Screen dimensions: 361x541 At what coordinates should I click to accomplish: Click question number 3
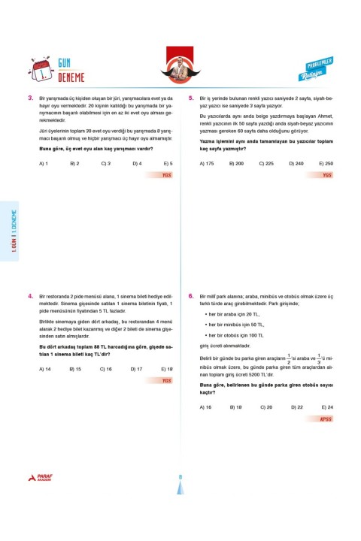[x=29, y=98]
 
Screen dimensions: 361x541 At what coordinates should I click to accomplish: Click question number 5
[x=192, y=98]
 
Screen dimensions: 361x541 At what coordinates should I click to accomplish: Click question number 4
[x=29, y=297]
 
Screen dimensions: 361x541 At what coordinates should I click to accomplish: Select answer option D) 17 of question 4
[x=137, y=369]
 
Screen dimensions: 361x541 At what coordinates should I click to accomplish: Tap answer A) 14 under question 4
[x=44, y=369]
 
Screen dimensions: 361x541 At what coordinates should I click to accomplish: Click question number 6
[x=192, y=297]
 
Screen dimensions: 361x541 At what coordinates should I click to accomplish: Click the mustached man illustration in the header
[x=180, y=67]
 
